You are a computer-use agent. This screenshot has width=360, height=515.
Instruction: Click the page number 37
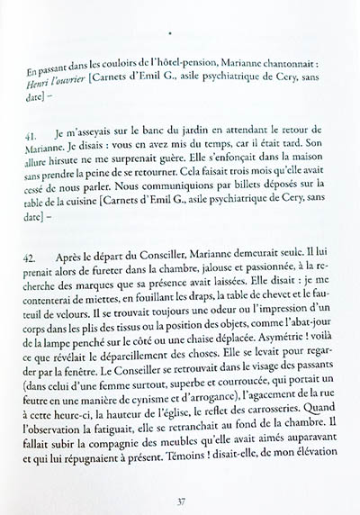point(182,489)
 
